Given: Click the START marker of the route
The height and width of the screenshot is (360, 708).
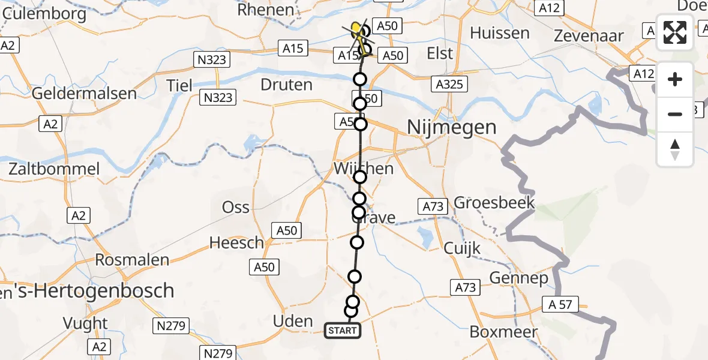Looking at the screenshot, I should (343, 330).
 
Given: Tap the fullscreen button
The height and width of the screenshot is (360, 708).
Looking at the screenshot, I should (675, 33).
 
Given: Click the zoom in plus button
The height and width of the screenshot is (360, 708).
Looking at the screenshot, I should (675, 79).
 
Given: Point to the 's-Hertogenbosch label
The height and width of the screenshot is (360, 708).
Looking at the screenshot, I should (90, 291).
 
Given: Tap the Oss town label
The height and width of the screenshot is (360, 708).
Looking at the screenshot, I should (235, 207).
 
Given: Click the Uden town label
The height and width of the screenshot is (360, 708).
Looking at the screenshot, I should (293, 321).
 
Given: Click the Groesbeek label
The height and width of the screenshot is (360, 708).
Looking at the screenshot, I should (494, 203).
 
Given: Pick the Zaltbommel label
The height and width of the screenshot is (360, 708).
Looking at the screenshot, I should (54, 169).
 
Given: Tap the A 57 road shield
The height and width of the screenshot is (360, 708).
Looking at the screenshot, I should (560, 305).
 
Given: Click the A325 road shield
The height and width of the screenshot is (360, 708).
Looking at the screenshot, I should (449, 85).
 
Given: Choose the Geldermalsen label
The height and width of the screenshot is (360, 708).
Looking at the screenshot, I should (84, 94).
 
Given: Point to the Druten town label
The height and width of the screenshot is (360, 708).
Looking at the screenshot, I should (287, 85).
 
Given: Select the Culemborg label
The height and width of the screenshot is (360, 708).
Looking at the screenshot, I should (37, 11).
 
